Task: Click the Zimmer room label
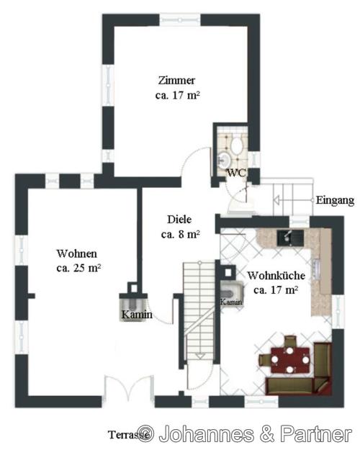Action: point(177,81)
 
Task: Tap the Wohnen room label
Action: point(76,253)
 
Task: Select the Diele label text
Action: point(179,220)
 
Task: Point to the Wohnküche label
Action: point(276,276)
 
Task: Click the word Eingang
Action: point(335,200)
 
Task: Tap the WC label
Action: point(237,173)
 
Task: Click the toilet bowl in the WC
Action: point(237,145)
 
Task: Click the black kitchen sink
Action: point(290,238)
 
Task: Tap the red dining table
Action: point(290,360)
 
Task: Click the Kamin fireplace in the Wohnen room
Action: point(133,307)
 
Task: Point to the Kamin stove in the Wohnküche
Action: point(232,294)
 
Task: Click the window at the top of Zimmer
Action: point(180,20)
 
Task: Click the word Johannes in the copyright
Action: point(207,434)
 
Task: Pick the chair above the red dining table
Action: point(290,341)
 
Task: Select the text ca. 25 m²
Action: point(78,268)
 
